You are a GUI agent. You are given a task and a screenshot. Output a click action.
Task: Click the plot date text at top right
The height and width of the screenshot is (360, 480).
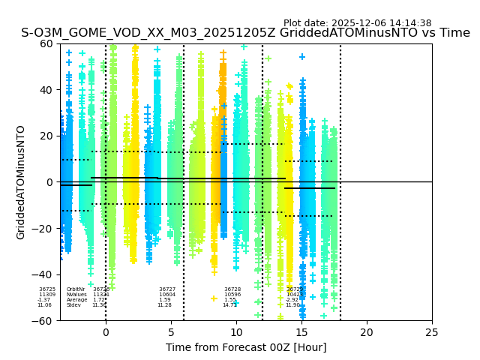coord(357,23)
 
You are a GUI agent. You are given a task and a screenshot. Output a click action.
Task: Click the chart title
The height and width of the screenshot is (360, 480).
coord(245,33)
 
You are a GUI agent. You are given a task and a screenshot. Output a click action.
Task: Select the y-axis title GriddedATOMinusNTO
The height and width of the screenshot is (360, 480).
coord(21,182)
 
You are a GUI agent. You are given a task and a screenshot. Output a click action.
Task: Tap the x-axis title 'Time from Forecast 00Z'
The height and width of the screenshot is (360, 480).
coord(246,347)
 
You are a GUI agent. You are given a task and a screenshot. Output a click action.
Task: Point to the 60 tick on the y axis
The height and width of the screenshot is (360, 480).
coord(46,43)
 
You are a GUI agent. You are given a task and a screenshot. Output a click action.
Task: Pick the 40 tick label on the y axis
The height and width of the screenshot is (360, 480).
coord(46,90)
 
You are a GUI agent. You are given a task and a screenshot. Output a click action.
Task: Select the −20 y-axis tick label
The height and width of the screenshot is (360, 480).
coord(43,229)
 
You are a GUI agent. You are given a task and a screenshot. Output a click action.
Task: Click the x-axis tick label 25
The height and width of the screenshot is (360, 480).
coord(432,332)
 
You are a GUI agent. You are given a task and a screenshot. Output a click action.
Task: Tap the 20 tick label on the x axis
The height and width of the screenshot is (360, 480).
coord(367,332)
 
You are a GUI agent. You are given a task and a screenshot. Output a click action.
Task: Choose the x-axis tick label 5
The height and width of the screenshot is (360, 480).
coord(171,332)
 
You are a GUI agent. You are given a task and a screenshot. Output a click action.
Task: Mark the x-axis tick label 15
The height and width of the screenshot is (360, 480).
coord(301,332)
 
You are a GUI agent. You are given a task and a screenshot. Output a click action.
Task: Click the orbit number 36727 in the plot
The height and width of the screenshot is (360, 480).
coord(167,289)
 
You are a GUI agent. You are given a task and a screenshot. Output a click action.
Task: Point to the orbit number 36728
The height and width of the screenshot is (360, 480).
coord(232,289)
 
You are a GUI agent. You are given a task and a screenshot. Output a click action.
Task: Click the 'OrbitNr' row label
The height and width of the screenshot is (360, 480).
coord(76,289)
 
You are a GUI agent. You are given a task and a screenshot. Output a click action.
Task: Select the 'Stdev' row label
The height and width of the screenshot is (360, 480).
coord(73,305)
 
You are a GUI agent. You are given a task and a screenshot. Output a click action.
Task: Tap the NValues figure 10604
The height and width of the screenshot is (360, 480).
coord(167,295)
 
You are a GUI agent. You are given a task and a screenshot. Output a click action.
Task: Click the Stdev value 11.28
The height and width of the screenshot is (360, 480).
coord(164,305)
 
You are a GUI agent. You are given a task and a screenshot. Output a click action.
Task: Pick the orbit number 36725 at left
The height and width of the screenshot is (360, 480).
coord(47,289)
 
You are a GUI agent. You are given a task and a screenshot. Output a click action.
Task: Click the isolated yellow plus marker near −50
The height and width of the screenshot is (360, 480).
coord(214,298)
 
